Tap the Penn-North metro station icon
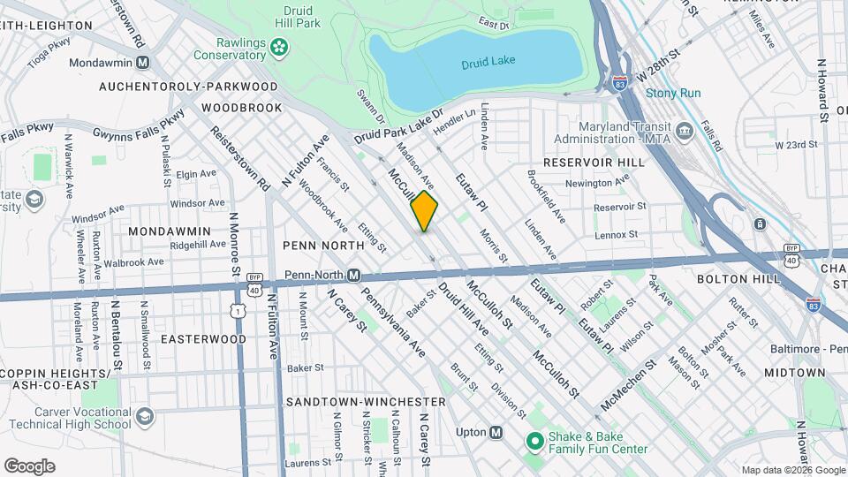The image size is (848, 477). (353, 276)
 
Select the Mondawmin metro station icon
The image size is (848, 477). (142, 63)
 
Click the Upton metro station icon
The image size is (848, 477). (496, 432)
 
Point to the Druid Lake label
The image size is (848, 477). (488, 61)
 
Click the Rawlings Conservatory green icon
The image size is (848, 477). (279, 47)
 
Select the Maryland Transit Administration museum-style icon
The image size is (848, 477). (684, 132)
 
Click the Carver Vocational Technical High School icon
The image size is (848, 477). (144, 415)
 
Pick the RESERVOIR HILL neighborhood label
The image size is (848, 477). (584, 163)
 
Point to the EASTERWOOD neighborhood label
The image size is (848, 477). (203, 338)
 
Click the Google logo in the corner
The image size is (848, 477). (29, 466)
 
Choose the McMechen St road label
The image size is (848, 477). (628, 381)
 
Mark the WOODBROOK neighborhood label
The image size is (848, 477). (241, 108)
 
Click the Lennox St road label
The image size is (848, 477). (616, 234)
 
